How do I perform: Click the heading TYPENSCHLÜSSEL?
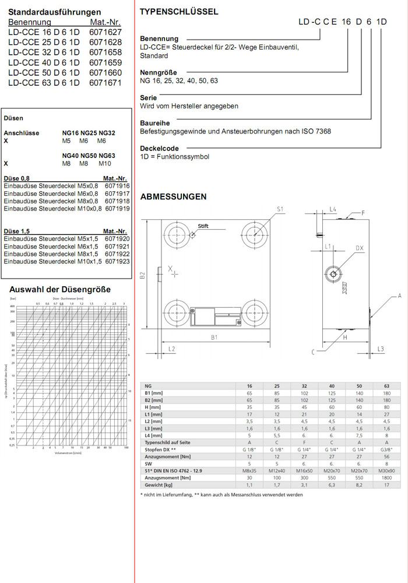pyautogui.click(x=180, y=12)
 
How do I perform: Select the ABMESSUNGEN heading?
pyautogui.click(x=173, y=196)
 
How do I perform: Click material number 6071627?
pyautogui.click(x=105, y=32)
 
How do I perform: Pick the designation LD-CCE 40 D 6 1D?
pyautogui.click(x=44, y=62)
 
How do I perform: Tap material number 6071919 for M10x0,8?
pyautogui.click(x=117, y=208)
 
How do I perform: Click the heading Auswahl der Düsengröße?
pyautogui.click(x=60, y=289)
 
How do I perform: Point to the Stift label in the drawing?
pyautogui.click(x=203, y=226)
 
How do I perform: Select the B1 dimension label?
pyautogui.click(x=214, y=338)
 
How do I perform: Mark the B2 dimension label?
pyautogui.click(x=143, y=275)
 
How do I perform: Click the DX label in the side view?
pyautogui.click(x=360, y=248)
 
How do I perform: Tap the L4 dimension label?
pyautogui.click(x=333, y=208)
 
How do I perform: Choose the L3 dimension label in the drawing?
pyautogui.click(x=381, y=349)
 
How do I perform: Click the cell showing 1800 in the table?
pyautogui.click(x=386, y=478)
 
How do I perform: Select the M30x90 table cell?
pyautogui.click(x=386, y=470)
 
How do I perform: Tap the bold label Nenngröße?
pyautogui.click(x=159, y=72)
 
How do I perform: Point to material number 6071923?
pyautogui.click(x=117, y=261)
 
